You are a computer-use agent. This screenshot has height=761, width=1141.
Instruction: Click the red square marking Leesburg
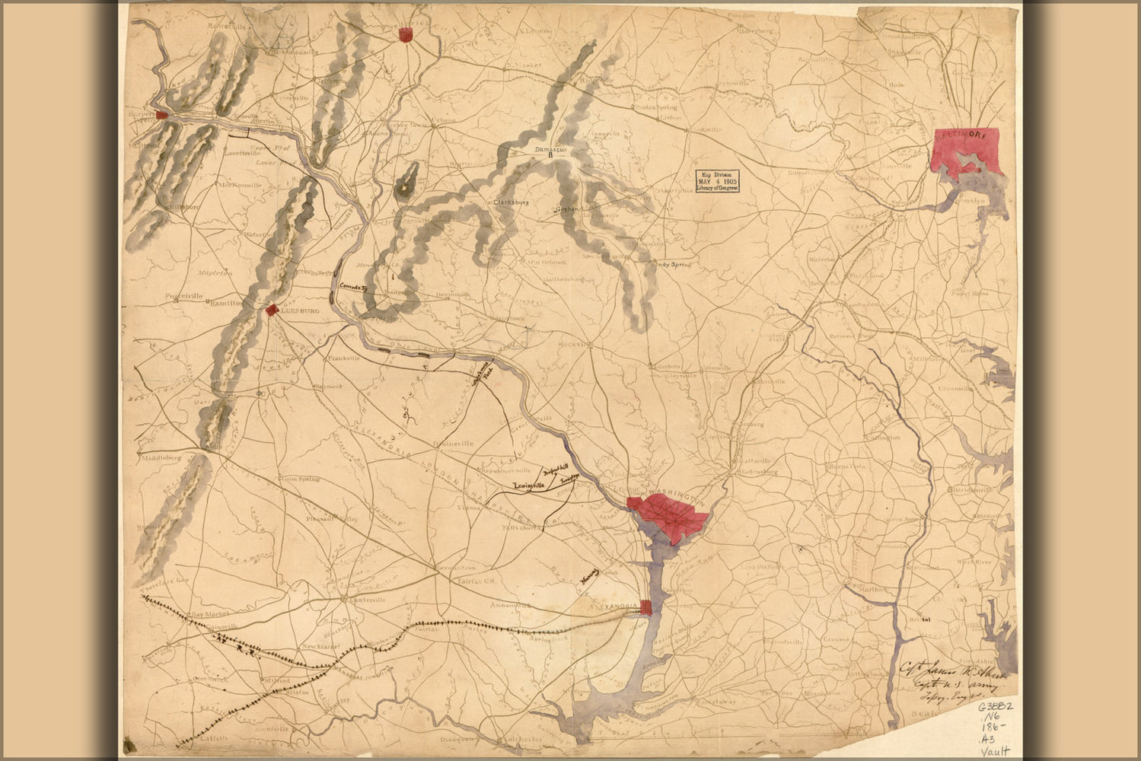pos(270,310)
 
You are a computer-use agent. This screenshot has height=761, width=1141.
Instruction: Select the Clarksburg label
pos(511,203)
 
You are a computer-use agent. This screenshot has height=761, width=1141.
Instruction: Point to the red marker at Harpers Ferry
pos(161,115)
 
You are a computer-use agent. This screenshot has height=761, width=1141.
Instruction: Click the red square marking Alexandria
pos(645,607)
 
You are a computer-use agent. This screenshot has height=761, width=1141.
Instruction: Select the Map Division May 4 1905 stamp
pos(718,182)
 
